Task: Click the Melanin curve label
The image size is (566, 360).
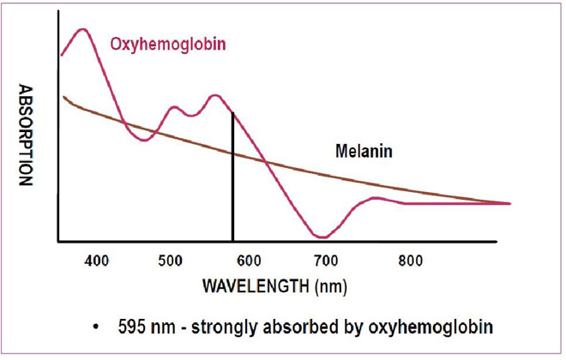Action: [363, 152]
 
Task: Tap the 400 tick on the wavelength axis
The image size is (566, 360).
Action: [97, 259]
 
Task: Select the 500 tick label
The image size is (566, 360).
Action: [172, 259]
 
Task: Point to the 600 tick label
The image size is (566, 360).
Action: [249, 259]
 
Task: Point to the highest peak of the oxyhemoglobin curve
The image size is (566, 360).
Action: [83, 30]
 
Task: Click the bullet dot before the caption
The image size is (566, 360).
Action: [102, 328]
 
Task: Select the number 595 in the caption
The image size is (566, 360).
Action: [135, 328]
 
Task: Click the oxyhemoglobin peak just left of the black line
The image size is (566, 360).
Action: [214, 95]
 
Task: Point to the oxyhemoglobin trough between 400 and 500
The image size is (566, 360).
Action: [145, 139]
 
